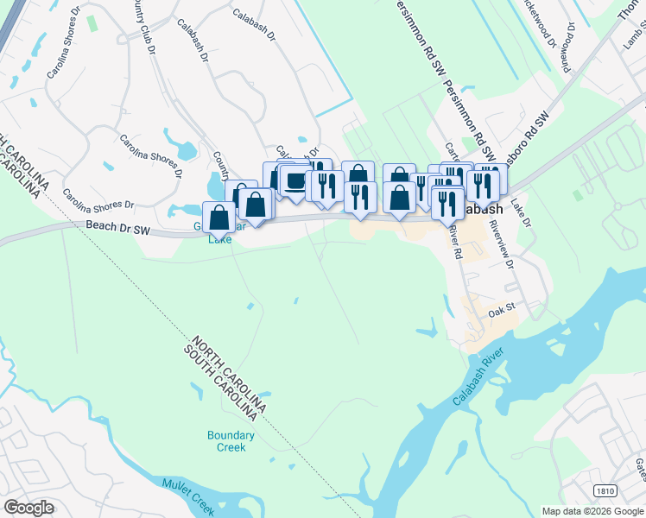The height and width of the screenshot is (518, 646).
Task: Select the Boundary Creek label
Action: tap(231, 441)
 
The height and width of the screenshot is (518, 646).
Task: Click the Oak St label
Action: tap(501, 308)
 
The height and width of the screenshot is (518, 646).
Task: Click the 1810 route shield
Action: tap(605, 490)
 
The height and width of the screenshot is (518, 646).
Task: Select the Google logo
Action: tap(28, 508)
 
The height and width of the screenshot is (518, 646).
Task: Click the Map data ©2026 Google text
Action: tap(592, 511)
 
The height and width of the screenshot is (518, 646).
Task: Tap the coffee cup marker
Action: tap(295, 181)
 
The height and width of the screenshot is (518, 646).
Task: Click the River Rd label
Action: tap(455, 244)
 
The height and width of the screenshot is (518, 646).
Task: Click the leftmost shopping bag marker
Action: tap(218, 218)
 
